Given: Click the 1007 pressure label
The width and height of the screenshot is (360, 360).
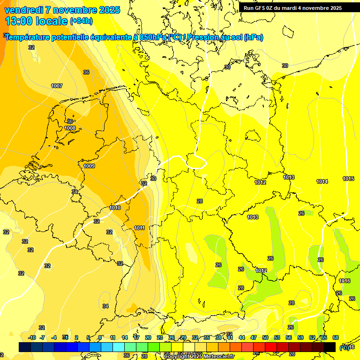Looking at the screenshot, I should (x=57, y=86).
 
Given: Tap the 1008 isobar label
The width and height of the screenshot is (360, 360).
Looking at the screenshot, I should (x=70, y=128).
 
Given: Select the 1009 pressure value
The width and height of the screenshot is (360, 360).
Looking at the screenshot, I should (x=89, y=166).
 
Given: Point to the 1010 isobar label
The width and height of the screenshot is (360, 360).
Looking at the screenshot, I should (x=115, y=208).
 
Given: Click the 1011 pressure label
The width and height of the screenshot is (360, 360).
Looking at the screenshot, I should (x=139, y=228).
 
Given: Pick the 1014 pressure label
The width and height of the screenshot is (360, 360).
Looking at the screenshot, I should (x=322, y=181).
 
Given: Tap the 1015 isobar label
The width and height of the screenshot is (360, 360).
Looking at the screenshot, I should (x=348, y=179).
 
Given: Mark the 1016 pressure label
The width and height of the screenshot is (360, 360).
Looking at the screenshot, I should (x=345, y=281).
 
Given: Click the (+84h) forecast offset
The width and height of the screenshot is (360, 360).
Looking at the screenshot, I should (x=81, y=21).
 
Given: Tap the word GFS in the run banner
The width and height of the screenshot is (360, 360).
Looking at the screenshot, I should (x=261, y=8).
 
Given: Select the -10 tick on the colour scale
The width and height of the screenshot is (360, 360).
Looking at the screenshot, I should (x=32, y=337).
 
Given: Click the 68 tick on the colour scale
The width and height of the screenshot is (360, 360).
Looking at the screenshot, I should (x=336, y=337).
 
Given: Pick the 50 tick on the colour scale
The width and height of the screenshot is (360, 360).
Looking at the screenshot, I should (x=265, y=337).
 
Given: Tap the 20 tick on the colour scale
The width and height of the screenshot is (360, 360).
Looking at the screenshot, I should (x=148, y=337).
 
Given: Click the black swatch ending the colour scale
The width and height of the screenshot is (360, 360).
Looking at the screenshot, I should (x=330, y=347).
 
